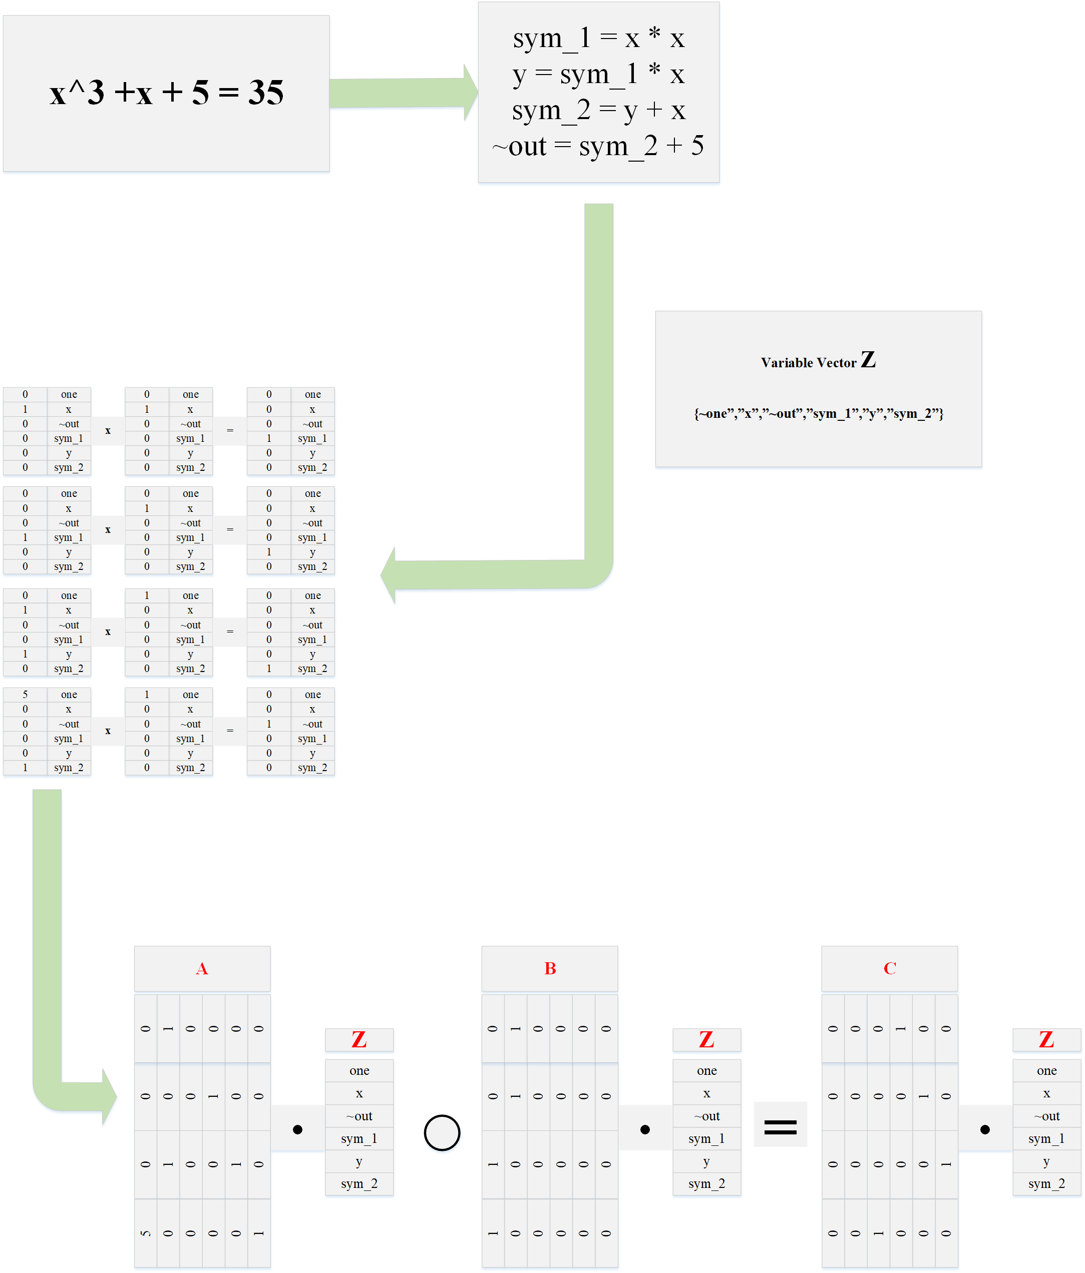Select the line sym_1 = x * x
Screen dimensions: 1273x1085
598,39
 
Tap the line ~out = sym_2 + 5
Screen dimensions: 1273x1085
598,146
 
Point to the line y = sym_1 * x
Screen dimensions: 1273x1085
598,75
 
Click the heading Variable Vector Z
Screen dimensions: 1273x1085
818,361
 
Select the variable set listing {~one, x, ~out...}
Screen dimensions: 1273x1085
818,413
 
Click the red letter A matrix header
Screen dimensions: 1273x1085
202,969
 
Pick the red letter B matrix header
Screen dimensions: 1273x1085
550,969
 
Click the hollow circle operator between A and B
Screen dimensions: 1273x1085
442,1132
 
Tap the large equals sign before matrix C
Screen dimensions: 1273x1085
780,1126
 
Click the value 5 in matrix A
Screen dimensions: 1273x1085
146,1233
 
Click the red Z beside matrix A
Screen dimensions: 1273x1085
359,1039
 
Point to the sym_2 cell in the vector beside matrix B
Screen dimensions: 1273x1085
706,1184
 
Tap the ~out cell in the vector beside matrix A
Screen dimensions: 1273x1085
359,1116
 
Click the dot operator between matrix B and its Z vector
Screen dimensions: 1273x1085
645,1129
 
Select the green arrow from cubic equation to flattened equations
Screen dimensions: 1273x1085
403,93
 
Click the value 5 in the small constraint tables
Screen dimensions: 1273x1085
25,694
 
